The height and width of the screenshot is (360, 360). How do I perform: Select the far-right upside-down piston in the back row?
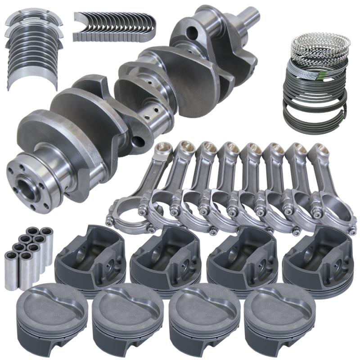click(x=318, y=254)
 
